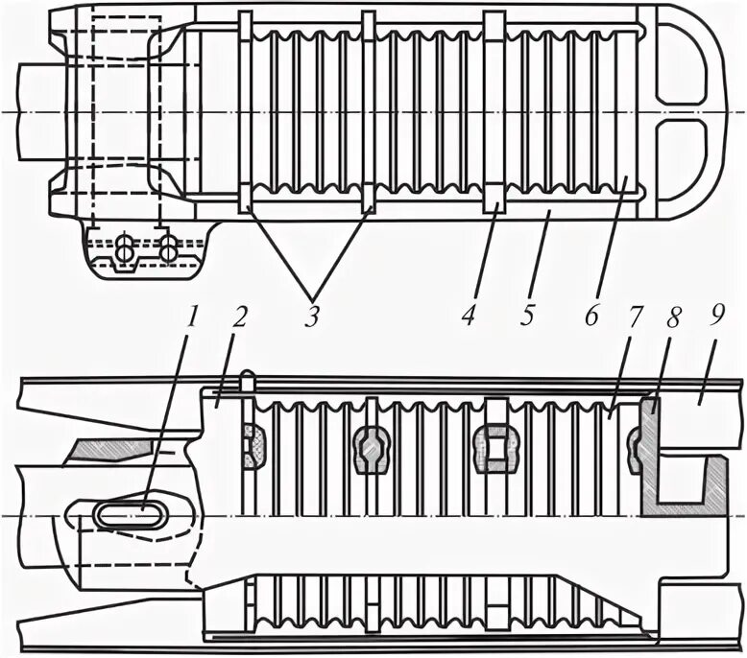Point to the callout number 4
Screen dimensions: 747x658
(468, 316)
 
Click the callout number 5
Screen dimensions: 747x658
(526, 316)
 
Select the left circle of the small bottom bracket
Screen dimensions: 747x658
(124, 248)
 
